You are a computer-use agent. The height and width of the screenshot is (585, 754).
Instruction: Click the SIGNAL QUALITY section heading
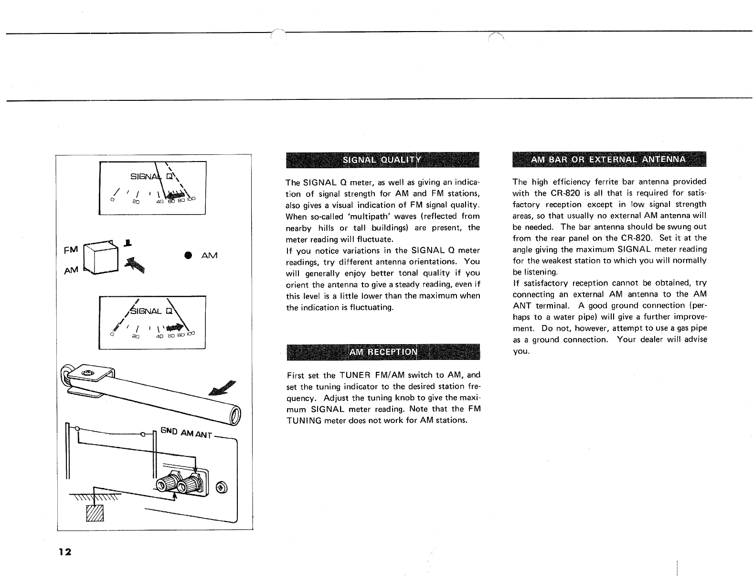coord(382,160)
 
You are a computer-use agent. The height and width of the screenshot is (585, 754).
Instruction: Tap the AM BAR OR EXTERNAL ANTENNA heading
coord(608,159)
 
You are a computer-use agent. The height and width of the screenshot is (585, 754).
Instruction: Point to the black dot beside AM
coord(188,255)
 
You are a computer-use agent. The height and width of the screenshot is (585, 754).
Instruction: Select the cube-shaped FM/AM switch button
coord(101,259)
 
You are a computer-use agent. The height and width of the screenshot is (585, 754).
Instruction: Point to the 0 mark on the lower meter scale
coord(111,334)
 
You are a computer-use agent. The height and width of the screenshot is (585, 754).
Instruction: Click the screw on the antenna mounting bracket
coord(87,372)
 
